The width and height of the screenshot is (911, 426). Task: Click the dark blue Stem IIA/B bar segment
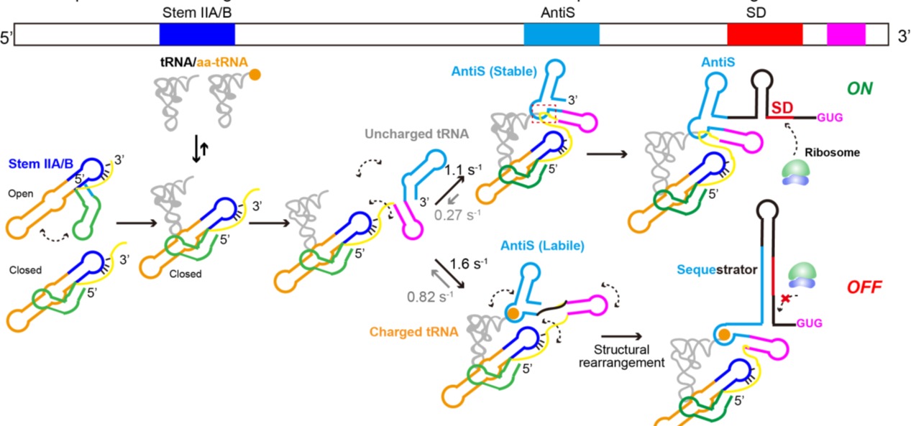click(197, 34)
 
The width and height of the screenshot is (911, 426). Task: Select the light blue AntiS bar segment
click(561, 34)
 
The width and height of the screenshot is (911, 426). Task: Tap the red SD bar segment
click(764, 34)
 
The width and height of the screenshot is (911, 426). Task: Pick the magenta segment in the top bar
click(846, 34)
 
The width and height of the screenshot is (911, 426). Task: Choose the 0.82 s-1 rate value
click(429, 295)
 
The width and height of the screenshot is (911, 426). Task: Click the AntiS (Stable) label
click(494, 72)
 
